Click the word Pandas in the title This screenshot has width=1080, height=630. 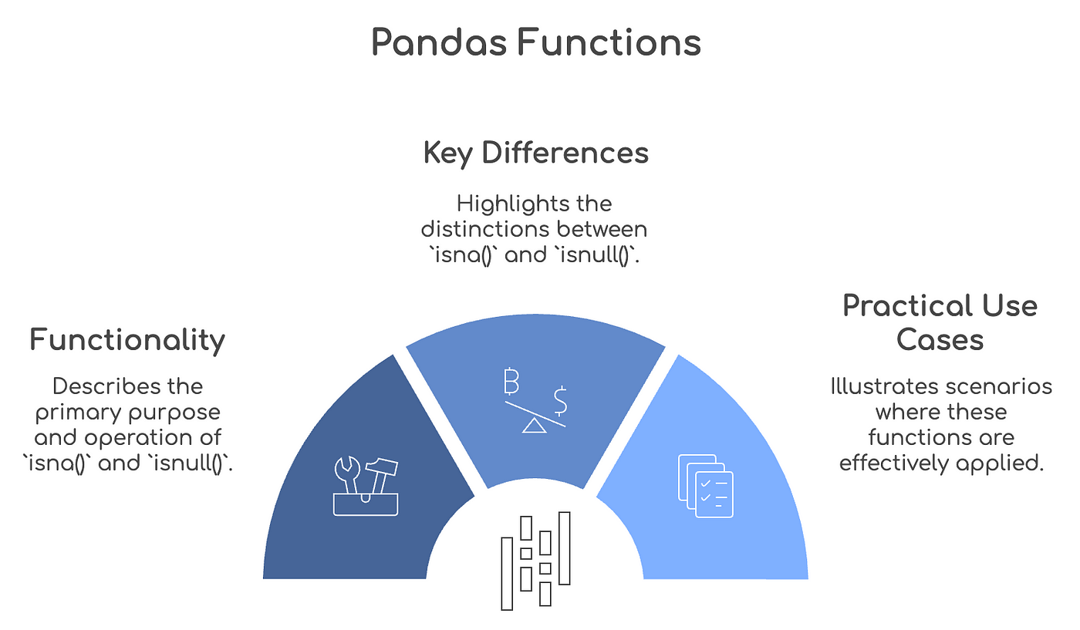439,42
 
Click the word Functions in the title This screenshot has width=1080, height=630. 609,42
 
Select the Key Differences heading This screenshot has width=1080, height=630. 535,153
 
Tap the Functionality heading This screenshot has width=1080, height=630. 127,340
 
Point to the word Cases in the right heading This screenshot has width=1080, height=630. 940,339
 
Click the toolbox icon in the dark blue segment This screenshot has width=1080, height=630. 366,486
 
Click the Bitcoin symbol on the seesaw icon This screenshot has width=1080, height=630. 511,381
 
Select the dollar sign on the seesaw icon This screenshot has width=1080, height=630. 560,401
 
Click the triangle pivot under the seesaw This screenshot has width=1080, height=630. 534,426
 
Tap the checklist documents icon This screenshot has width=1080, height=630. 706,486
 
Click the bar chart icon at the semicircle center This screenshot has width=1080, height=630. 535,561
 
